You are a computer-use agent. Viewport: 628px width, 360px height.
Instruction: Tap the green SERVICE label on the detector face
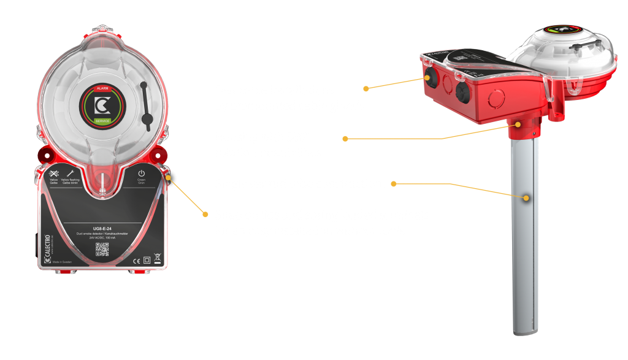(x=102, y=121)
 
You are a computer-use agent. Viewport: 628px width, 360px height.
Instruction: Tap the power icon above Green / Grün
(x=141, y=174)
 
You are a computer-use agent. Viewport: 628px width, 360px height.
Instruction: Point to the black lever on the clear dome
(x=146, y=105)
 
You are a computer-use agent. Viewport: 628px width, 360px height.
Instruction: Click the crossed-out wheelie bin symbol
(x=156, y=259)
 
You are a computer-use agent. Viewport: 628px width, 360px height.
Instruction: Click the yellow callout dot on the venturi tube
(x=526, y=198)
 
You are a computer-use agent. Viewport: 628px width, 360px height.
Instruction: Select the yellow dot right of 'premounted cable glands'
(x=366, y=88)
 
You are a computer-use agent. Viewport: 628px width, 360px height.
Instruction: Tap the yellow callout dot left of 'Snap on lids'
(x=205, y=213)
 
